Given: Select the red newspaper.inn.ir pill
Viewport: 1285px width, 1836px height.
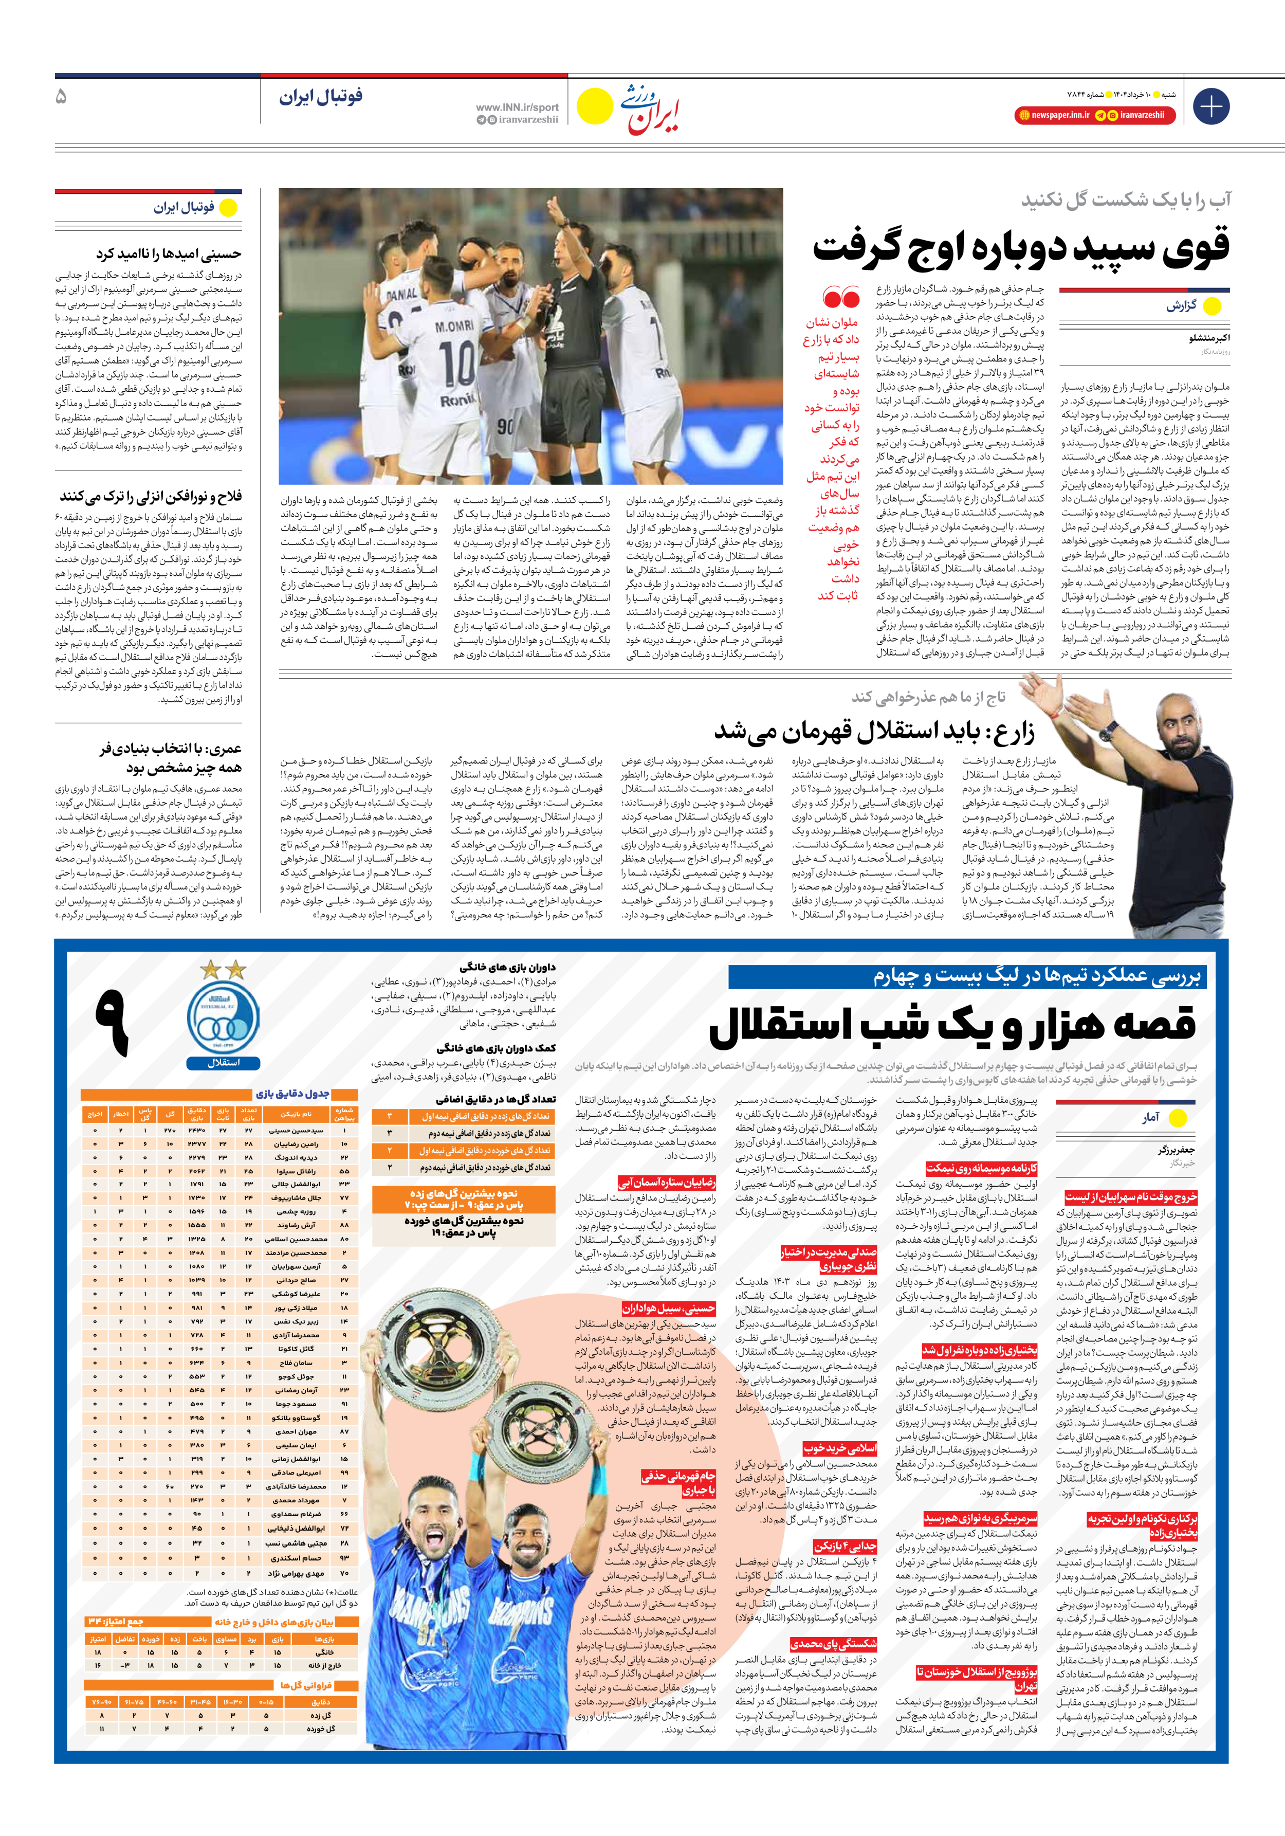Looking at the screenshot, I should tap(1053, 115).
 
